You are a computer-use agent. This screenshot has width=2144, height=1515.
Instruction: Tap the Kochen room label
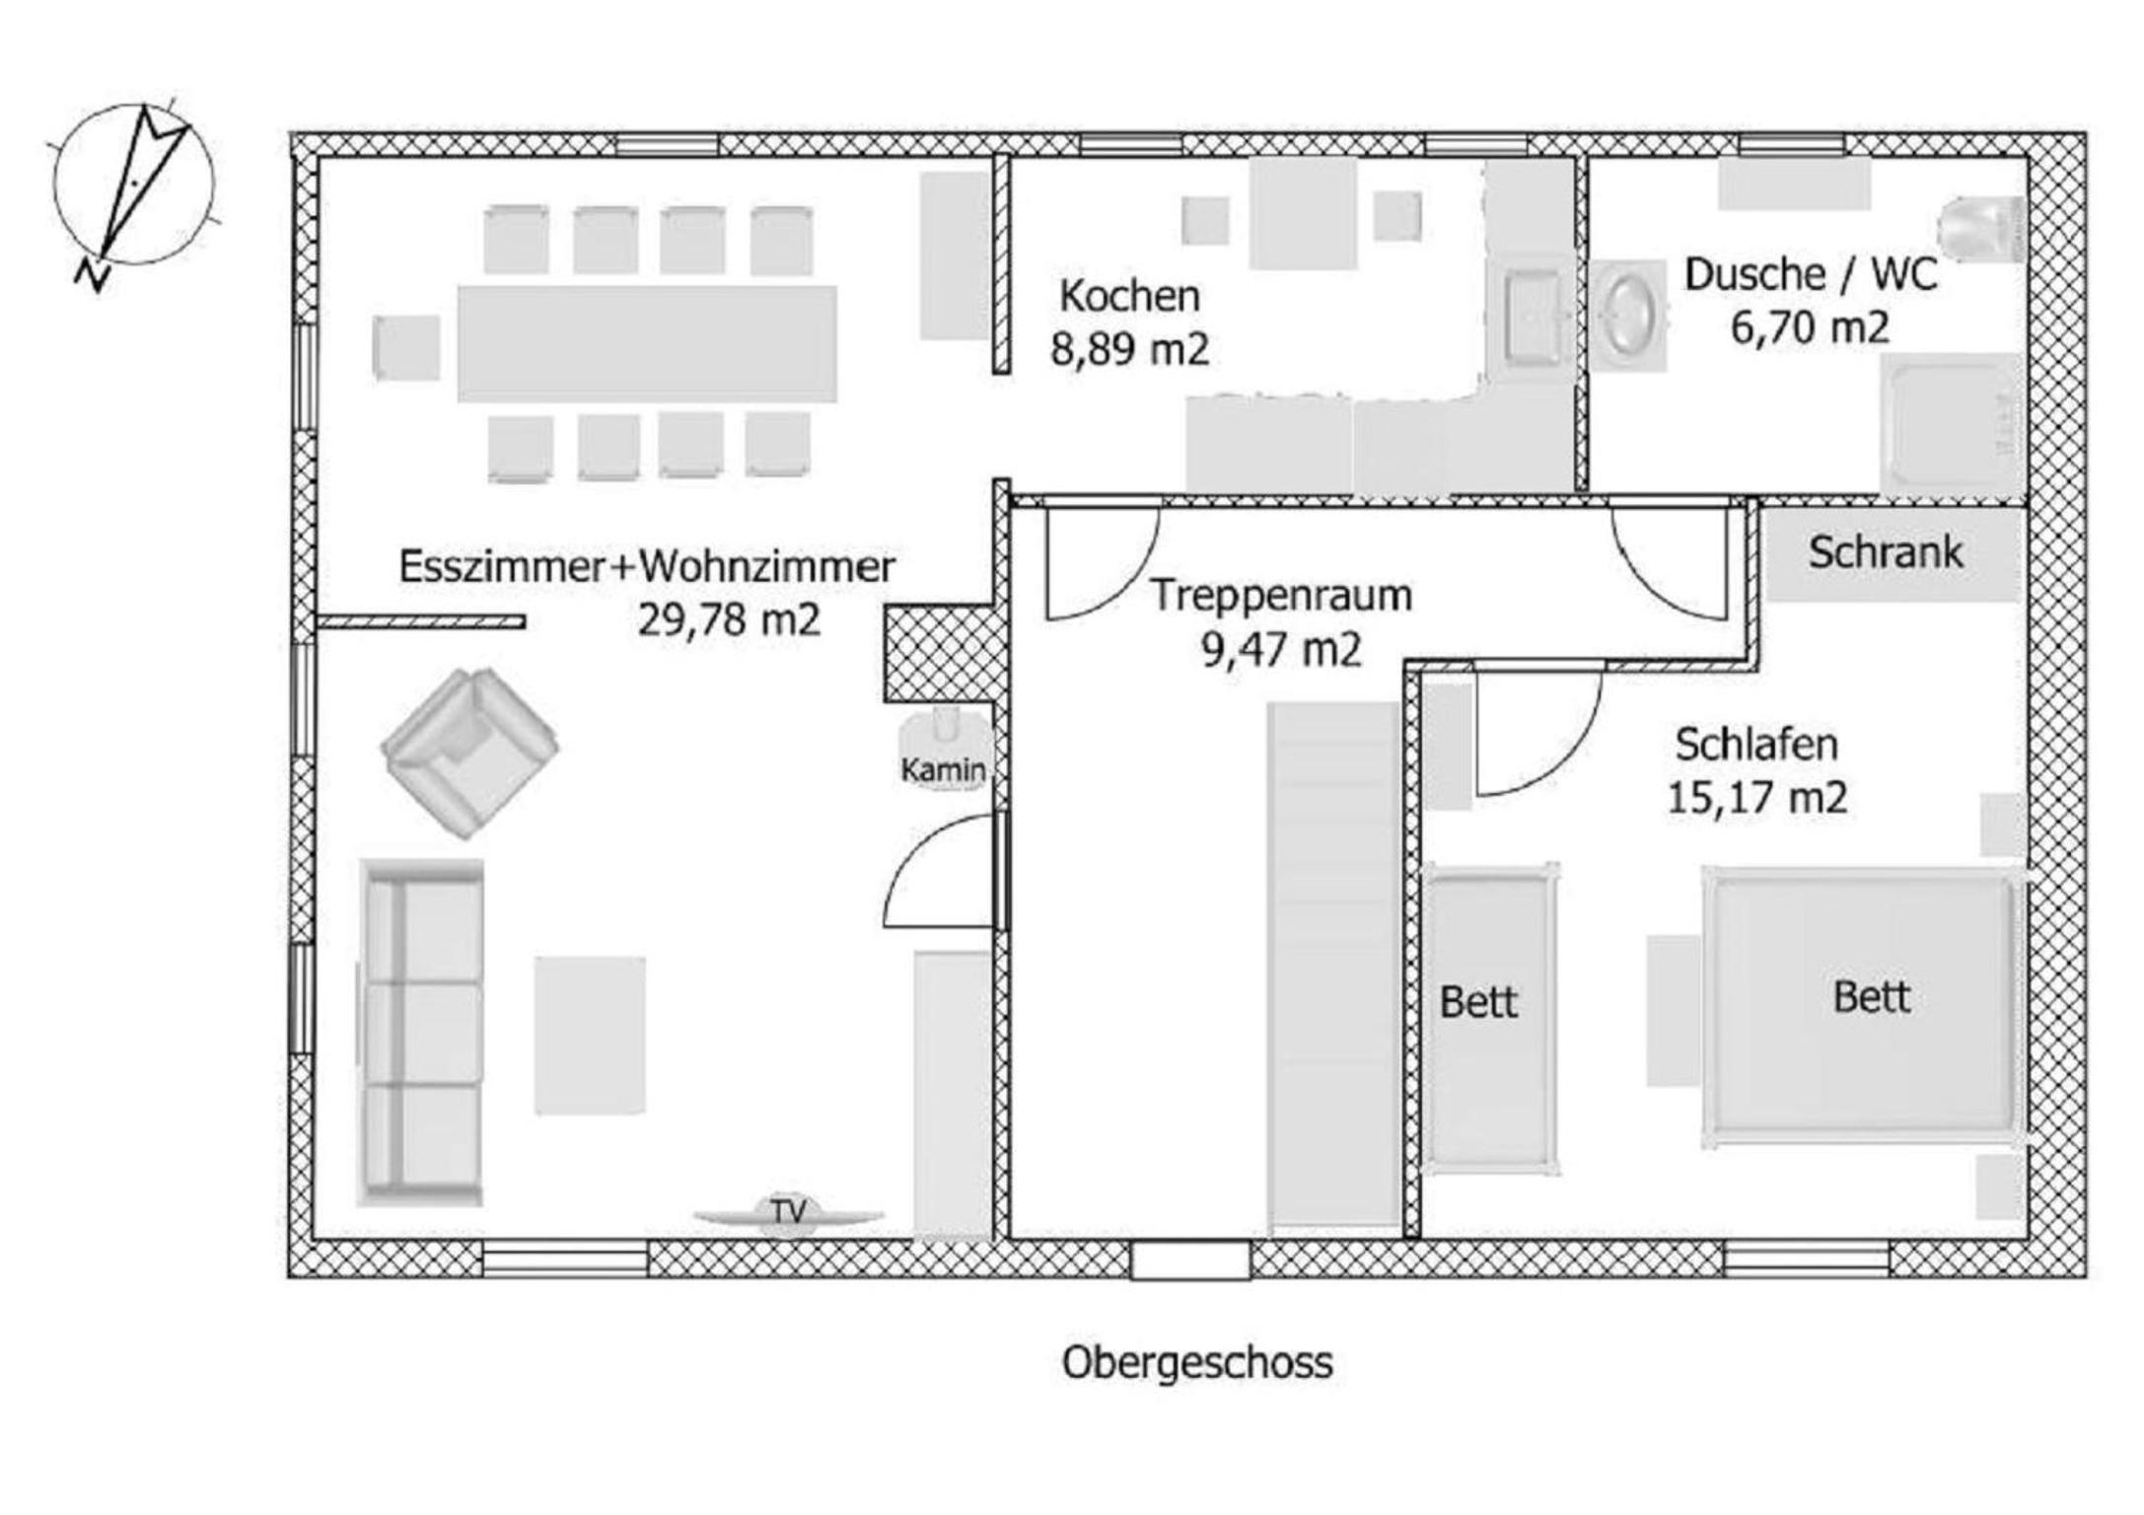(x=1129, y=296)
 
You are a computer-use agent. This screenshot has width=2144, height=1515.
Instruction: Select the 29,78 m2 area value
(x=729, y=620)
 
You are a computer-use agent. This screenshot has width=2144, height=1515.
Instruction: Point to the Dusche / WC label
(x=1811, y=274)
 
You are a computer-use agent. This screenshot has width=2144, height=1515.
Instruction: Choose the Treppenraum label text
(x=1281, y=596)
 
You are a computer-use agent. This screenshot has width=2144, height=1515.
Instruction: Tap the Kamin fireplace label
(x=943, y=769)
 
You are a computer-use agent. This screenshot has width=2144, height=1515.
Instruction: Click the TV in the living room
(x=788, y=1214)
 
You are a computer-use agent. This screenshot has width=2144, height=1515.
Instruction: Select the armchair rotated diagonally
(x=469, y=753)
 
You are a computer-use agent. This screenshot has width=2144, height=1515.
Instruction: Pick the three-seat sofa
(x=421, y=1033)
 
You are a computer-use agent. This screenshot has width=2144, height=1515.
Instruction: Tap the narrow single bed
(x=1489, y=1019)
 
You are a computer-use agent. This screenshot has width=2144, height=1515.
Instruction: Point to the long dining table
(x=647, y=343)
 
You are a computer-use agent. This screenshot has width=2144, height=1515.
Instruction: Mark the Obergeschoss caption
(x=1197, y=1362)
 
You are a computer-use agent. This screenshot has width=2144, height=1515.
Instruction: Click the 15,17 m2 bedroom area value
(x=1756, y=797)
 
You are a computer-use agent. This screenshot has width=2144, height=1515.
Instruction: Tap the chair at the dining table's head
(x=406, y=347)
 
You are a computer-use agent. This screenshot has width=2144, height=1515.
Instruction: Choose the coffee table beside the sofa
(x=590, y=1036)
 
